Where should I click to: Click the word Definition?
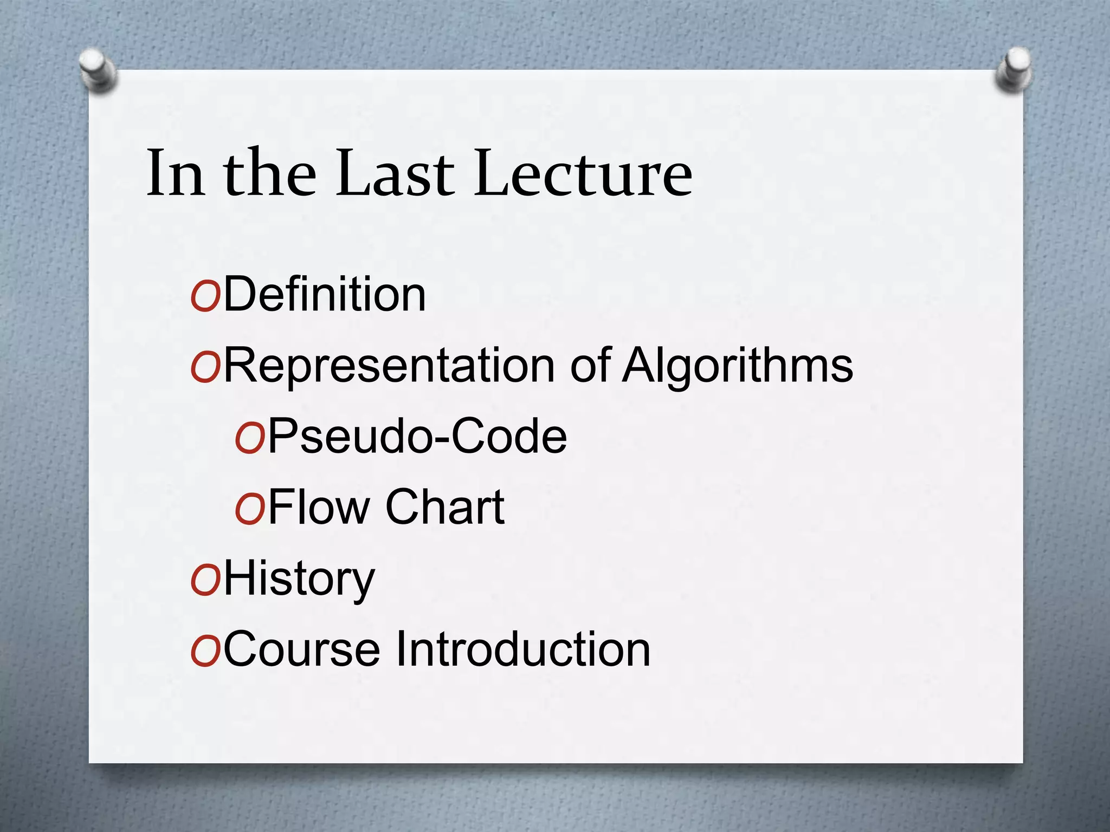(x=324, y=295)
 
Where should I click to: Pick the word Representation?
(x=389, y=366)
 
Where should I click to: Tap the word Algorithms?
(x=737, y=366)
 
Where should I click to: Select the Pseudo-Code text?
(x=417, y=436)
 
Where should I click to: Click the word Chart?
(x=444, y=507)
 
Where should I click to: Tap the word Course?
(x=302, y=649)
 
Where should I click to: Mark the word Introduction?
(x=523, y=649)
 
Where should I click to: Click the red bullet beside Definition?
(x=205, y=297)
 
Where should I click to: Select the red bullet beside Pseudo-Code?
(x=249, y=439)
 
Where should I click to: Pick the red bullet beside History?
(x=205, y=581)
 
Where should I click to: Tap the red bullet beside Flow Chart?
(x=249, y=510)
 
